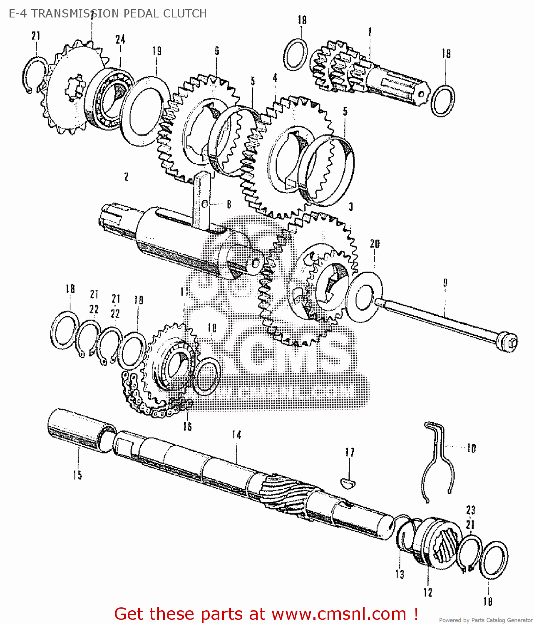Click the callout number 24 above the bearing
120,40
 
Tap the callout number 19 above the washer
156,51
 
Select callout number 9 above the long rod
445,283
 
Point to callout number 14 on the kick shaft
236,435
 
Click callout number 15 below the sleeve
78,475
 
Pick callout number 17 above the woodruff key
350,452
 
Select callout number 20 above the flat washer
375,244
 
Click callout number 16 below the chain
187,426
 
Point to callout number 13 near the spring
400,574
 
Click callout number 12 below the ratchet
428,592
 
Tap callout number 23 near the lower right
471,510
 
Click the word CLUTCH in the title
185,13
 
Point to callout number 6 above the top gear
217,51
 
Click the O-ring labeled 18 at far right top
443,101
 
